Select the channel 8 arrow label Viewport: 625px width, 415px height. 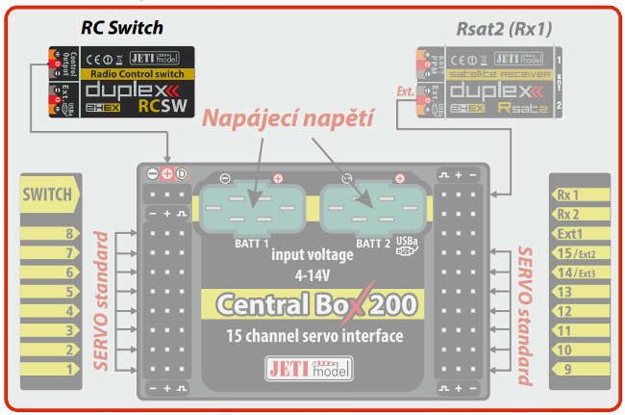52,233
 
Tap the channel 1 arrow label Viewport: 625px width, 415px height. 52,368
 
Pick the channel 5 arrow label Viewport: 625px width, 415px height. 52,291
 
